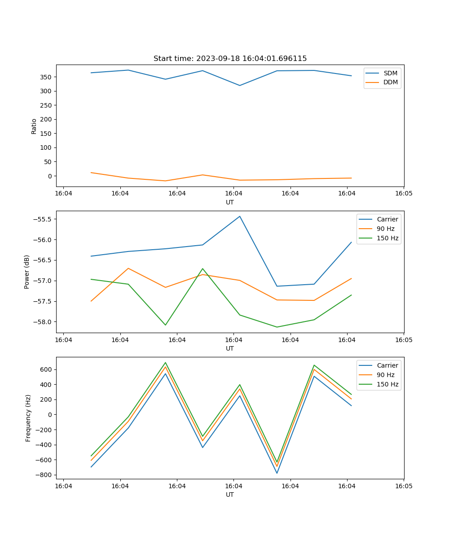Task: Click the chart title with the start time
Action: point(230,59)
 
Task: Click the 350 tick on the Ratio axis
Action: point(46,77)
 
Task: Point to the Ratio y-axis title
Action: point(34,126)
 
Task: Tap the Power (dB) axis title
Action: point(27,272)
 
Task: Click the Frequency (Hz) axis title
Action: point(28,418)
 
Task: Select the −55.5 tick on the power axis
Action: point(41,219)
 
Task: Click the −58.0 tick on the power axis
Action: point(41,322)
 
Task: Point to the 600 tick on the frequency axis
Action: point(46,369)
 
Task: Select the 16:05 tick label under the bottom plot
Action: point(404,486)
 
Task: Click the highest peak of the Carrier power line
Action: point(240,216)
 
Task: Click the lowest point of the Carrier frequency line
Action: point(277,473)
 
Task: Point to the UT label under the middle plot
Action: point(230,348)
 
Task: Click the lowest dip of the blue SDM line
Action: point(240,86)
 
